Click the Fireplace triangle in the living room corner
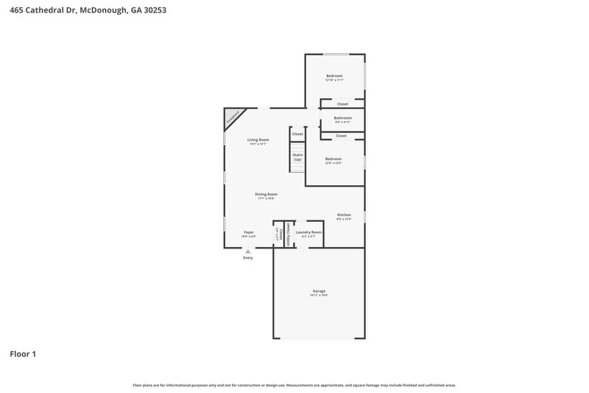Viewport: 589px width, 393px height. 232,117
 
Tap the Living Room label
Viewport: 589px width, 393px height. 258,139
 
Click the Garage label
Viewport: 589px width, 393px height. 319,291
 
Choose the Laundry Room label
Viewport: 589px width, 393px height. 308,232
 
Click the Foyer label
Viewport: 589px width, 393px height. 249,232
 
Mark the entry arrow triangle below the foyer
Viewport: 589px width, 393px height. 248,251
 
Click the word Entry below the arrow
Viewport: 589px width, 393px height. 248,258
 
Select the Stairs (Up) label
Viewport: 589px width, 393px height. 297,157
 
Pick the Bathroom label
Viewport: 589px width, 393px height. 342,118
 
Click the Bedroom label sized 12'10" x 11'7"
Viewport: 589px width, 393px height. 336,77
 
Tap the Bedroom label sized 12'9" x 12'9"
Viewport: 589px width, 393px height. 334,159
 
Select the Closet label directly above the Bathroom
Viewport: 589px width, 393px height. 342,104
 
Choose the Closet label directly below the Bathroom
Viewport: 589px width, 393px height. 341,136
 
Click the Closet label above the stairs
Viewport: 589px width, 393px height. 297,134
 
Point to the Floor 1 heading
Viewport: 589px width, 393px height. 23,354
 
